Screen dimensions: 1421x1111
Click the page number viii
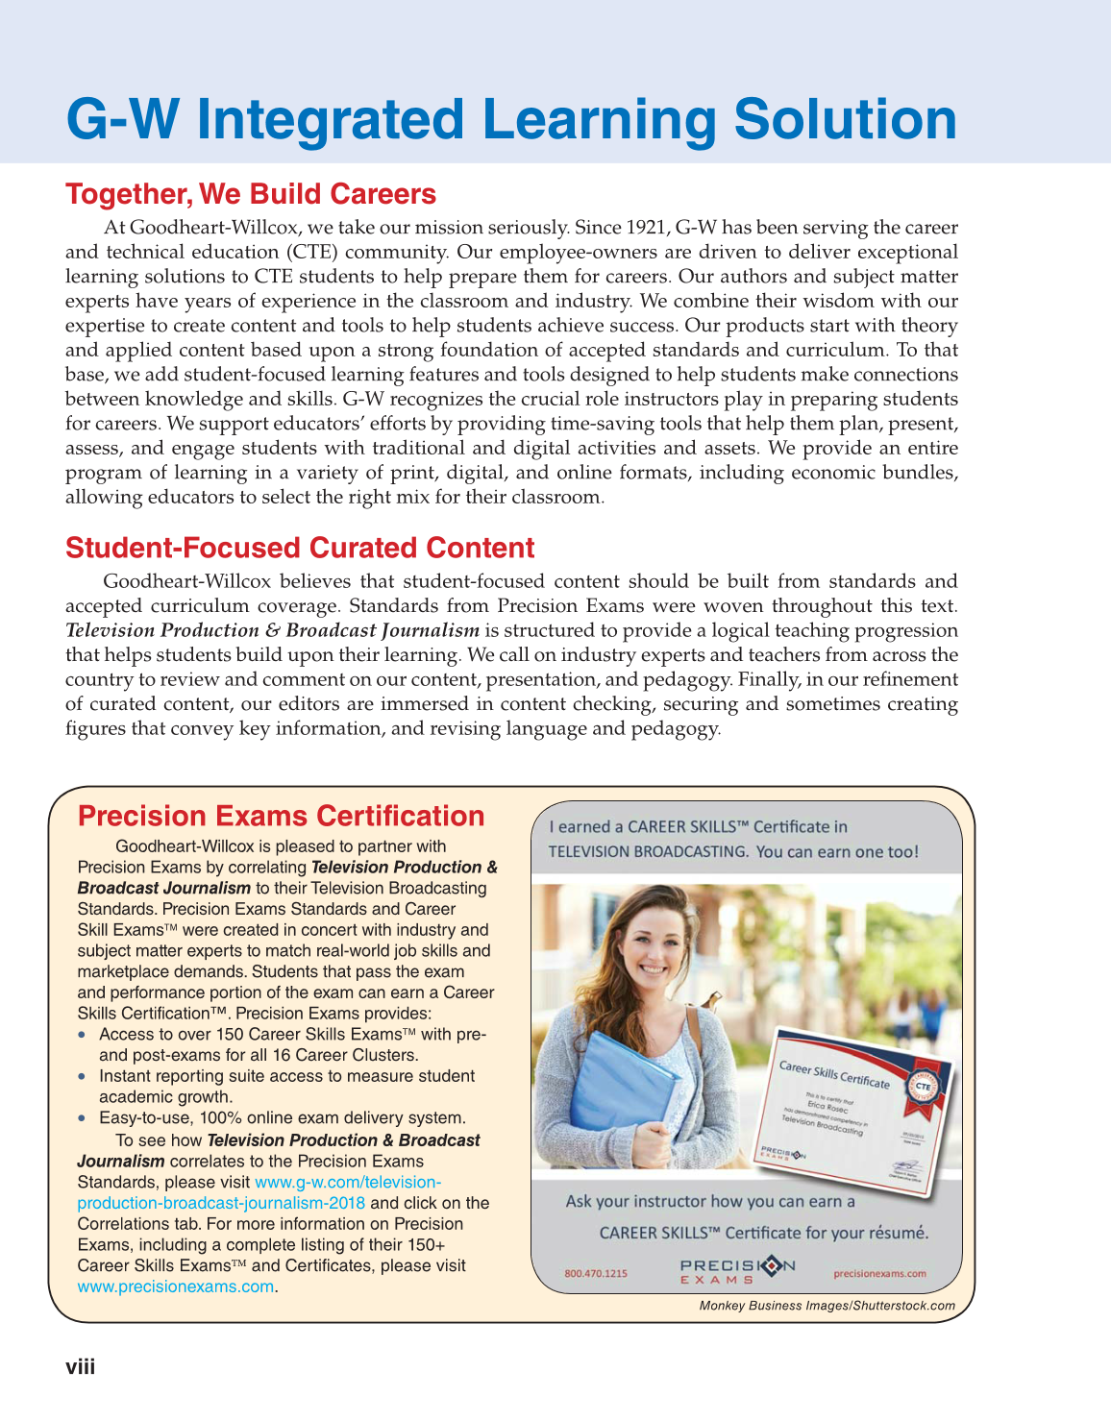point(80,1366)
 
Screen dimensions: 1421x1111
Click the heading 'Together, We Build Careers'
point(251,194)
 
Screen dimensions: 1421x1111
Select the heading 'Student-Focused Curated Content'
point(300,548)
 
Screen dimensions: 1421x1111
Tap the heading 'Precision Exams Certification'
point(281,816)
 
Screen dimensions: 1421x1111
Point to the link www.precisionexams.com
point(175,1286)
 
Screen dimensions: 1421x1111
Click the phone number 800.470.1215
point(596,1273)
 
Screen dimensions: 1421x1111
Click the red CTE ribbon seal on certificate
point(923,1086)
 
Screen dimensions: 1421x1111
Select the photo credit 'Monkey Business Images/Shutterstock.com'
point(827,1306)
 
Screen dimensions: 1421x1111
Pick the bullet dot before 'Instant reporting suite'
point(83,1076)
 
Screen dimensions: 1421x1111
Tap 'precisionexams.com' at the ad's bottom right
point(879,1273)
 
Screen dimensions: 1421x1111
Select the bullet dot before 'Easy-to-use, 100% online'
point(83,1117)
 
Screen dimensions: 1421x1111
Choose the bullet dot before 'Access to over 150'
point(83,1035)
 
